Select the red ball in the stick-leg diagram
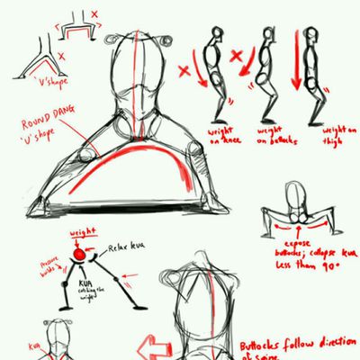pyautogui.click(x=80, y=256)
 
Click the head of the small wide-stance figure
pyautogui.click(x=294, y=193)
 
